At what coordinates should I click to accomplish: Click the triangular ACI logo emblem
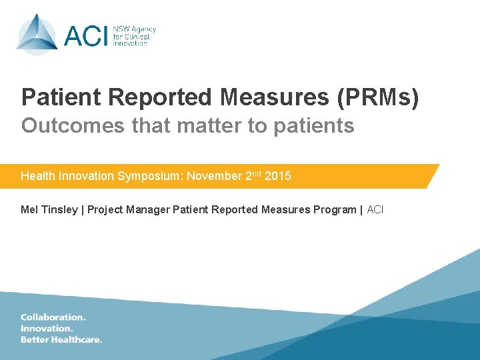[37, 34]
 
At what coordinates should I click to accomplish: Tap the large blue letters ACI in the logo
[85, 35]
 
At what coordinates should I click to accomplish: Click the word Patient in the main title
[61, 97]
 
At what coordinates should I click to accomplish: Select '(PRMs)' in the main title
[378, 97]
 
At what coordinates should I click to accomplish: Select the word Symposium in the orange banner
[151, 176]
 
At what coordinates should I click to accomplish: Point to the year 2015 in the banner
[278, 176]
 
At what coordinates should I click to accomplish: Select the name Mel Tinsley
[49, 210]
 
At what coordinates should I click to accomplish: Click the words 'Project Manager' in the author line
[128, 210]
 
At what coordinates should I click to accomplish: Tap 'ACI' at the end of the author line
[375, 210]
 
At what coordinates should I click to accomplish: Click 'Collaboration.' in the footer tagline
[53, 317]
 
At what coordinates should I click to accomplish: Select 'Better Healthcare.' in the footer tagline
[61, 339]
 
